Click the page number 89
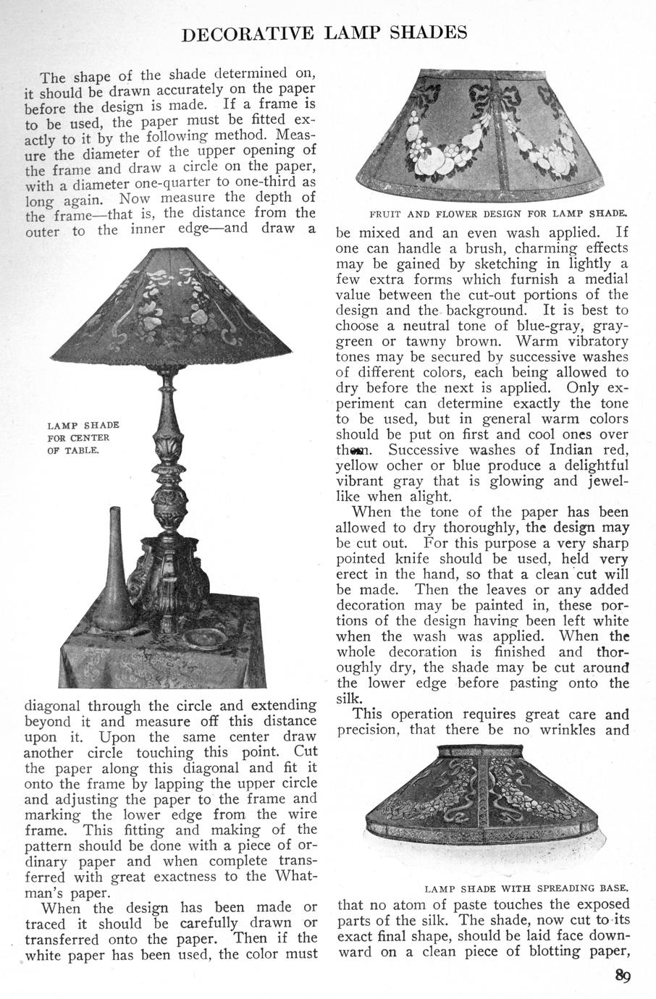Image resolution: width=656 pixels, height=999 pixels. [x=623, y=974]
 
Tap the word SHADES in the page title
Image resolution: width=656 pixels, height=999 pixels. [x=425, y=33]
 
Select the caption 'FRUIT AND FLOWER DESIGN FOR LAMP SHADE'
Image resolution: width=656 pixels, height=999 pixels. [x=497, y=214]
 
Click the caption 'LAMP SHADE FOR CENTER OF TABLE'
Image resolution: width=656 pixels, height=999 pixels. [x=83, y=437]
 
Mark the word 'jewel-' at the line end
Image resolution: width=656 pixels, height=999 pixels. [x=605, y=481]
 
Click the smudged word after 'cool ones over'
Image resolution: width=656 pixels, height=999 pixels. [x=348, y=450]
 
